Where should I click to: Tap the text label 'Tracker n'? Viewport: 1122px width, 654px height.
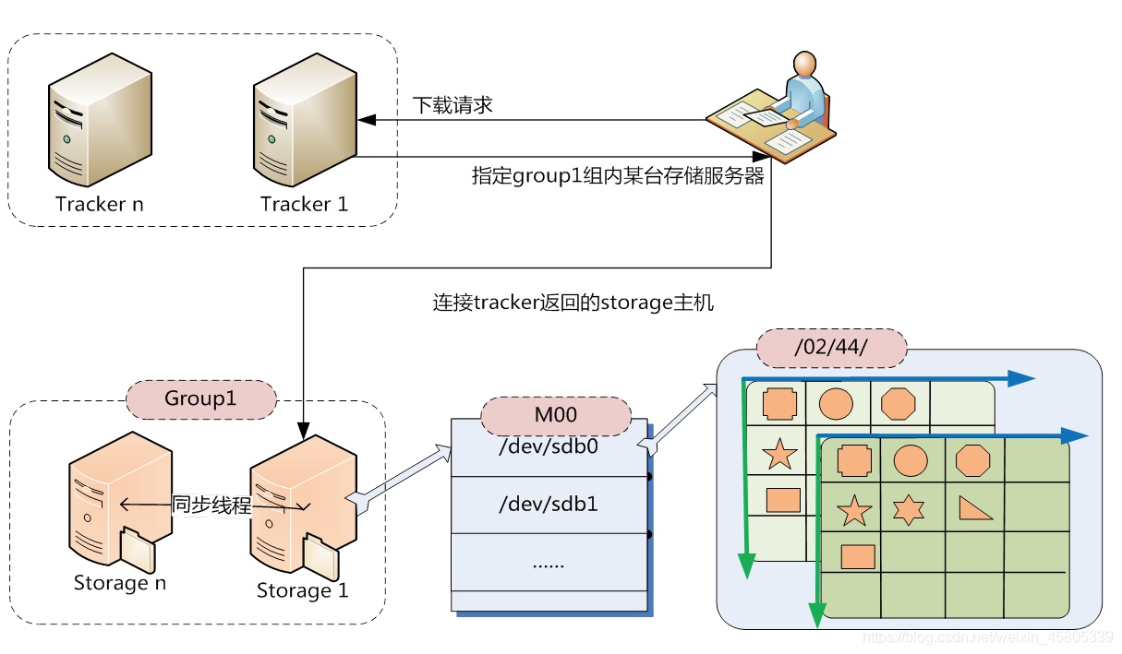(x=100, y=204)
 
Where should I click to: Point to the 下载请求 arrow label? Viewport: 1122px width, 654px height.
(x=452, y=105)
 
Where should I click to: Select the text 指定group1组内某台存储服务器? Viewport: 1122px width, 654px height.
(x=618, y=176)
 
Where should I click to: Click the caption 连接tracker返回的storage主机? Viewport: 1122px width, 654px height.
(x=573, y=303)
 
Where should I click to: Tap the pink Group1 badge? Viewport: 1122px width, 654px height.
(x=200, y=398)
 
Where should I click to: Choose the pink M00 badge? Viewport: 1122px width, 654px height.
(x=556, y=415)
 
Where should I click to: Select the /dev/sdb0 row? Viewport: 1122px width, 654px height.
(x=549, y=447)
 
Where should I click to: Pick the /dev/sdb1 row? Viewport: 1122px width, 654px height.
(x=549, y=505)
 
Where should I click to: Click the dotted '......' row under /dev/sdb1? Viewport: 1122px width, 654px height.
(x=549, y=562)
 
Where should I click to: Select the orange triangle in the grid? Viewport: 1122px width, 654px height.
(x=973, y=508)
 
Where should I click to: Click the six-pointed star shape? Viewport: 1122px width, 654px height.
(x=909, y=509)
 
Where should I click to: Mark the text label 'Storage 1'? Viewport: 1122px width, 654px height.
(x=302, y=590)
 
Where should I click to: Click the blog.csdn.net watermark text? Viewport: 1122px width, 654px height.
(x=985, y=636)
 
